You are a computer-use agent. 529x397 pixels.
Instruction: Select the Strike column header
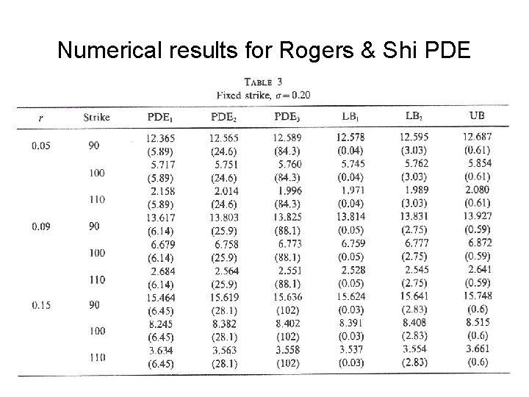[x=97, y=116]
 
